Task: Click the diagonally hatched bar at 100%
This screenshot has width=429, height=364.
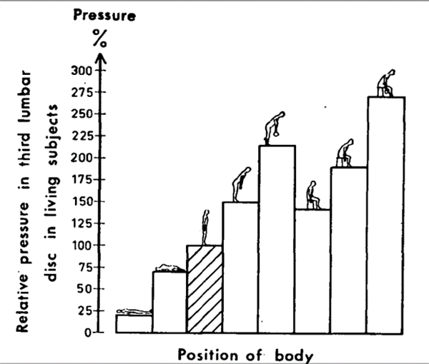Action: point(204,289)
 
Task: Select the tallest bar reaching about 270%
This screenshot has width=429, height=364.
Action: point(385,214)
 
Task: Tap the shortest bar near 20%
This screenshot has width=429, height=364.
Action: point(134,323)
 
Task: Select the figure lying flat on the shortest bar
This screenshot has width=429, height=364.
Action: point(133,311)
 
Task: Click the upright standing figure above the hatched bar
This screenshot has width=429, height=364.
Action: point(206,226)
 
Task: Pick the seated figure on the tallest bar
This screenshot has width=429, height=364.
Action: point(386,84)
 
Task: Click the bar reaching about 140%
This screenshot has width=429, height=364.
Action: point(312,271)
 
